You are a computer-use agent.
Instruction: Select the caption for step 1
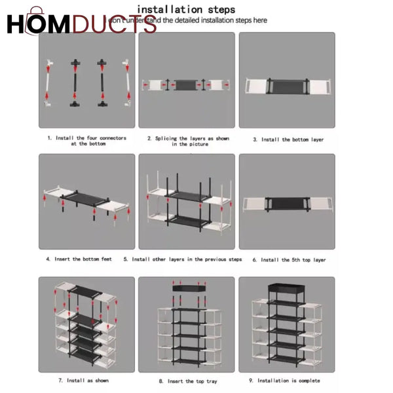click(x=86, y=141)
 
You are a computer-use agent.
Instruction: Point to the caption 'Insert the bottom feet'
click(x=79, y=259)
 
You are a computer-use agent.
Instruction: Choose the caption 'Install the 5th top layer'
click(x=289, y=260)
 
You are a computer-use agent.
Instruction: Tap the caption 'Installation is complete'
click(x=288, y=381)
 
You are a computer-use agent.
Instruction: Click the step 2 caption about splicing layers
click(x=188, y=141)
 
